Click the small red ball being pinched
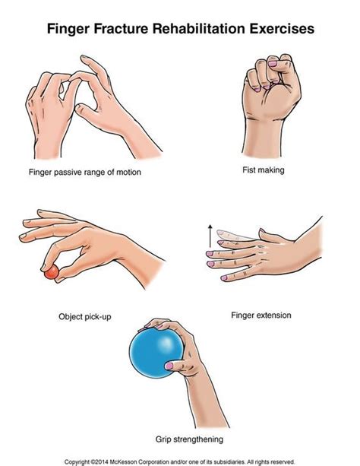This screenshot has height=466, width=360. click(51, 271)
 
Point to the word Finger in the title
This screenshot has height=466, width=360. click(72, 30)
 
